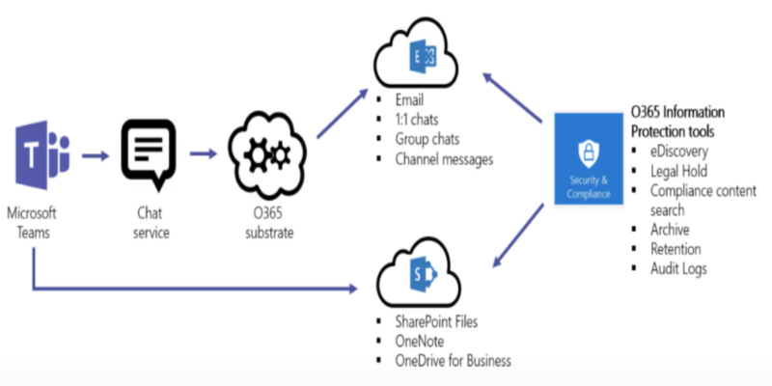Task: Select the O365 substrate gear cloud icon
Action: pos(262,152)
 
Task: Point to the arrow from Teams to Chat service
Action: pos(96,152)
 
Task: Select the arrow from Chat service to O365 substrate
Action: pos(205,152)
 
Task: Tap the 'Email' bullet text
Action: pos(410,99)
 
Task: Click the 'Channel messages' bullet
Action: pos(444,157)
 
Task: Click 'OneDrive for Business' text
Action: pos(453,360)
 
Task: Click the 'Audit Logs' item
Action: pos(679,268)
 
